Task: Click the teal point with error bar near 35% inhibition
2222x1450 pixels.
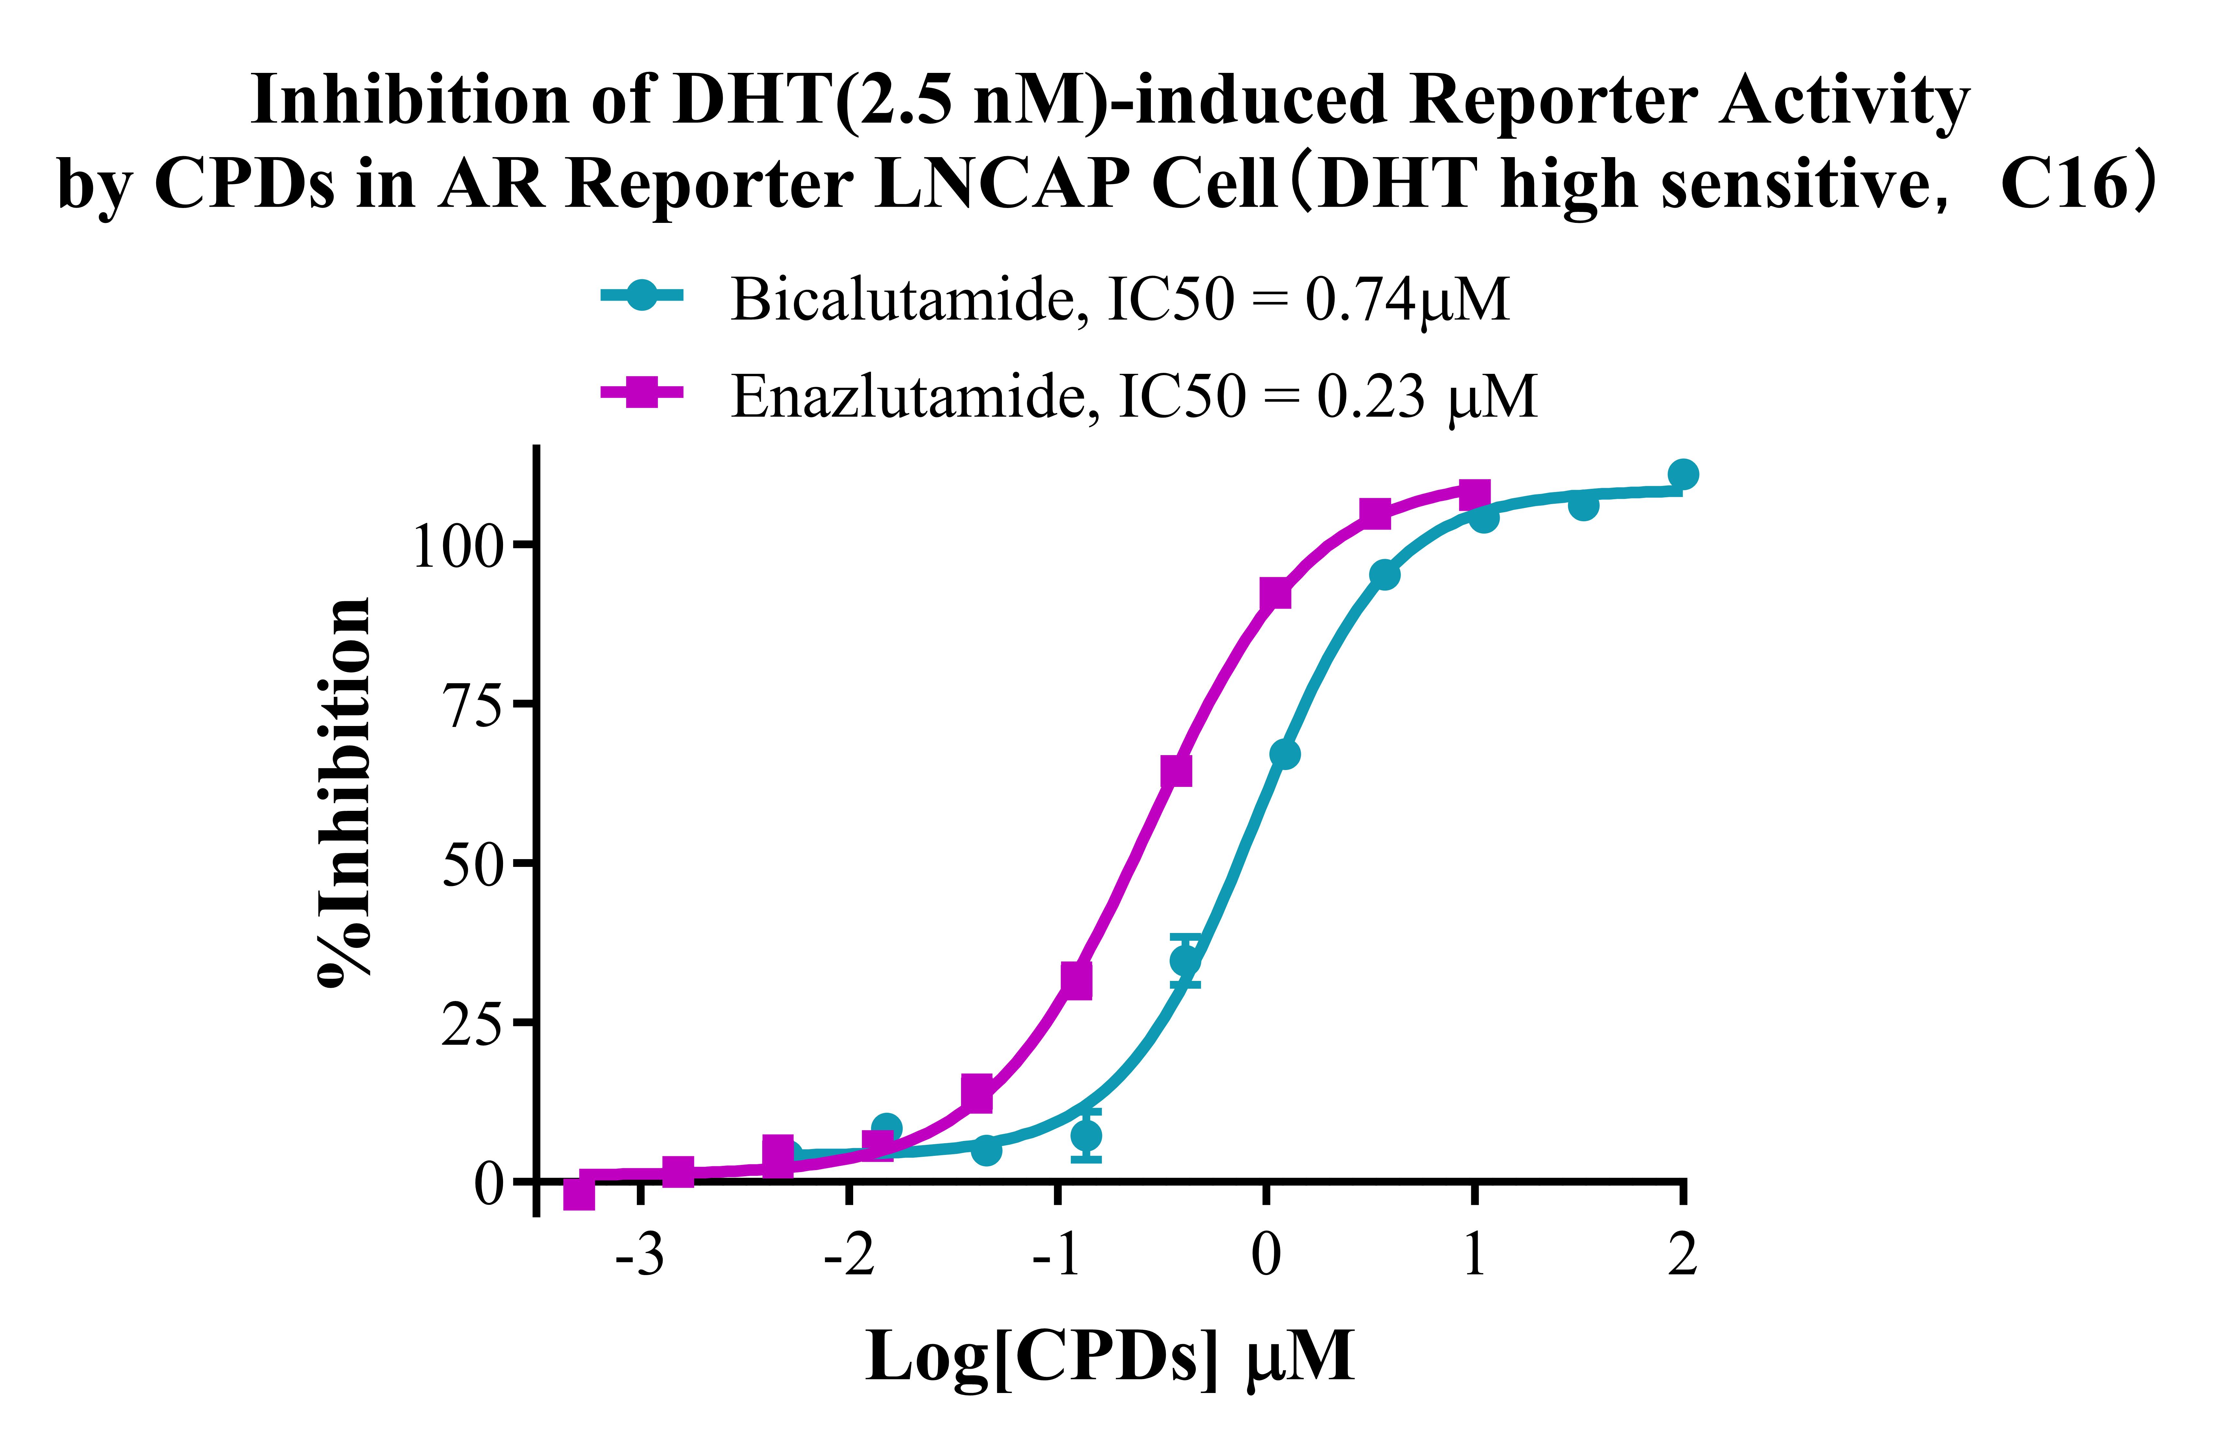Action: click(1186, 960)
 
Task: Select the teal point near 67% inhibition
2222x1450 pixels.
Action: click(1285, 754)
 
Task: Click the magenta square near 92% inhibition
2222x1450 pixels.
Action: click(1275, 594)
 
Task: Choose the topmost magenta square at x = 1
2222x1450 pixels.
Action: click(1474, 494)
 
